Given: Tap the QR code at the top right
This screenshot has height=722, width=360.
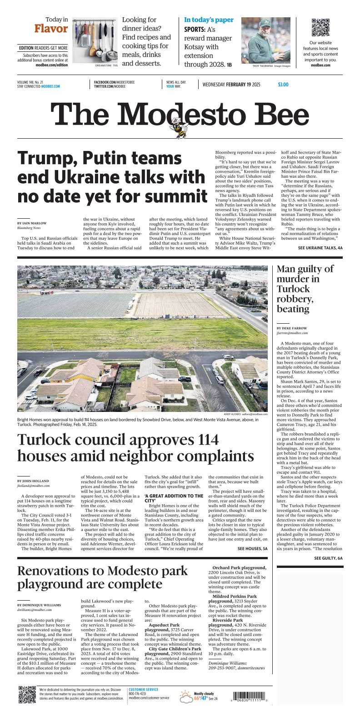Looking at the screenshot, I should (320, 28).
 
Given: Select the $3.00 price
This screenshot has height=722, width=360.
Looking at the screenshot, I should (283, 85).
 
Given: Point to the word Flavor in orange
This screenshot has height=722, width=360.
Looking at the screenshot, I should (51, 29).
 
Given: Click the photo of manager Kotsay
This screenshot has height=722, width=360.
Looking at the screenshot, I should (265, 40).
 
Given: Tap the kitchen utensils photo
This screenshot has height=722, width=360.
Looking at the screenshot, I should (95, 40).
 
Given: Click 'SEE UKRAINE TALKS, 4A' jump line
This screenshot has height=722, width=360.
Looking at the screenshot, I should (320, 248).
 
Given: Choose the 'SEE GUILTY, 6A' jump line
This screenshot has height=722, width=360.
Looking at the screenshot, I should (328, 558).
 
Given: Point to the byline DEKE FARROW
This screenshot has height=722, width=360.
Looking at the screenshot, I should (291, 328).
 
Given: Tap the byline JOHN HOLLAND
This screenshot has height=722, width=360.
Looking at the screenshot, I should (33, 481).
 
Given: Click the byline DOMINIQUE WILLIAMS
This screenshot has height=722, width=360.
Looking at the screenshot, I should (39, 605).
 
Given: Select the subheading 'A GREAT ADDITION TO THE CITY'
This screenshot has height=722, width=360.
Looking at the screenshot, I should (174, 498).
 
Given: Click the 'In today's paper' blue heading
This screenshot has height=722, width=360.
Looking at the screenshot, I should (209, 20).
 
